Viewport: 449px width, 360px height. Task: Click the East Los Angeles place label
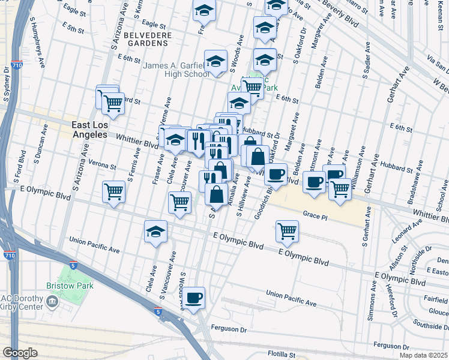[89, 130]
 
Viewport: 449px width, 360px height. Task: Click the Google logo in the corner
[20, 353]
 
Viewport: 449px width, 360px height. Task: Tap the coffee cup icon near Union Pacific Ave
[193, 298]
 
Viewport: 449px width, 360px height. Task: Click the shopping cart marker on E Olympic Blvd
[288, 231]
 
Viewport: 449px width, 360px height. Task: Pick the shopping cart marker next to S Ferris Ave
[113, 192]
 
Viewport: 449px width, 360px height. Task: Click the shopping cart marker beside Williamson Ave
[340, 189]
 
